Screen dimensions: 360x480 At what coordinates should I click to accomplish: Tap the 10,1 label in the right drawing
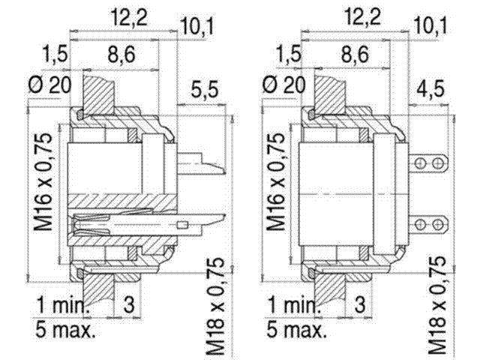(x=430, y=28)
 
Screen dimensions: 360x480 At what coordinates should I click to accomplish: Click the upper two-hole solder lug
(x=430, y=164)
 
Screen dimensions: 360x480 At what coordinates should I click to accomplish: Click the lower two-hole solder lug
(x=430, y=223)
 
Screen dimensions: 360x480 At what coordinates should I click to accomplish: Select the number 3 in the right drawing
(x=359, y=305)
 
